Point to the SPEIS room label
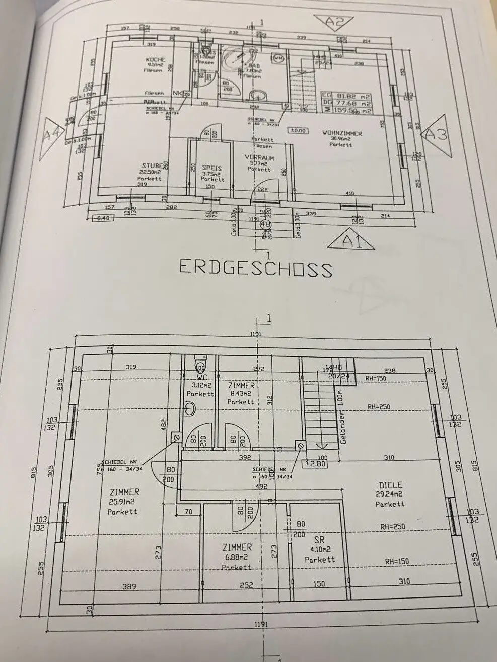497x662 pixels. tap(212, 168)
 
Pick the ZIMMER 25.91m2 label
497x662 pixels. tap(123, 492)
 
